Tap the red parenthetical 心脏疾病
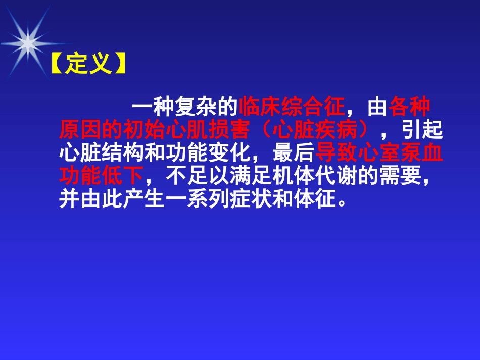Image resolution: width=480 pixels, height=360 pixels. click(317, 130)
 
